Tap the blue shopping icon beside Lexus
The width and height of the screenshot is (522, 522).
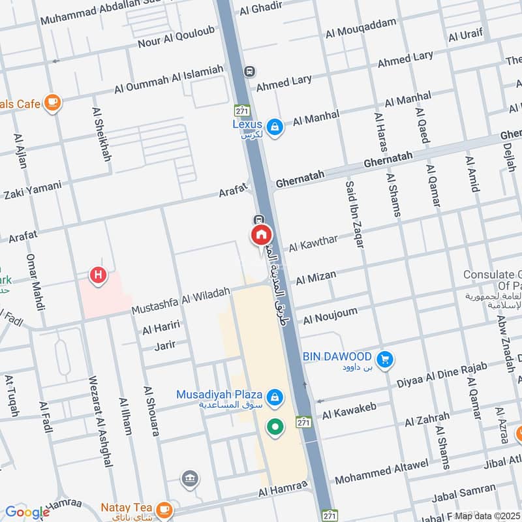[275, 126]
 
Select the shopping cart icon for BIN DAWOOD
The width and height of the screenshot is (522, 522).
[384, 358]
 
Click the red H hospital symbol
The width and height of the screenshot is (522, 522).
[98, 276]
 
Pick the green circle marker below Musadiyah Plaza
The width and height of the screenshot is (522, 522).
[275, 427]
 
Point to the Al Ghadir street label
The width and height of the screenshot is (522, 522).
[260, 10]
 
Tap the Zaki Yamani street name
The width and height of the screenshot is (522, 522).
[32, 190]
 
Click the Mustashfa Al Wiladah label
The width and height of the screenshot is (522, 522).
[181, 300]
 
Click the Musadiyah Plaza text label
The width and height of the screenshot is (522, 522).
[219, 395]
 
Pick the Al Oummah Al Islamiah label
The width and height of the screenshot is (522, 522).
[168, 79]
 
